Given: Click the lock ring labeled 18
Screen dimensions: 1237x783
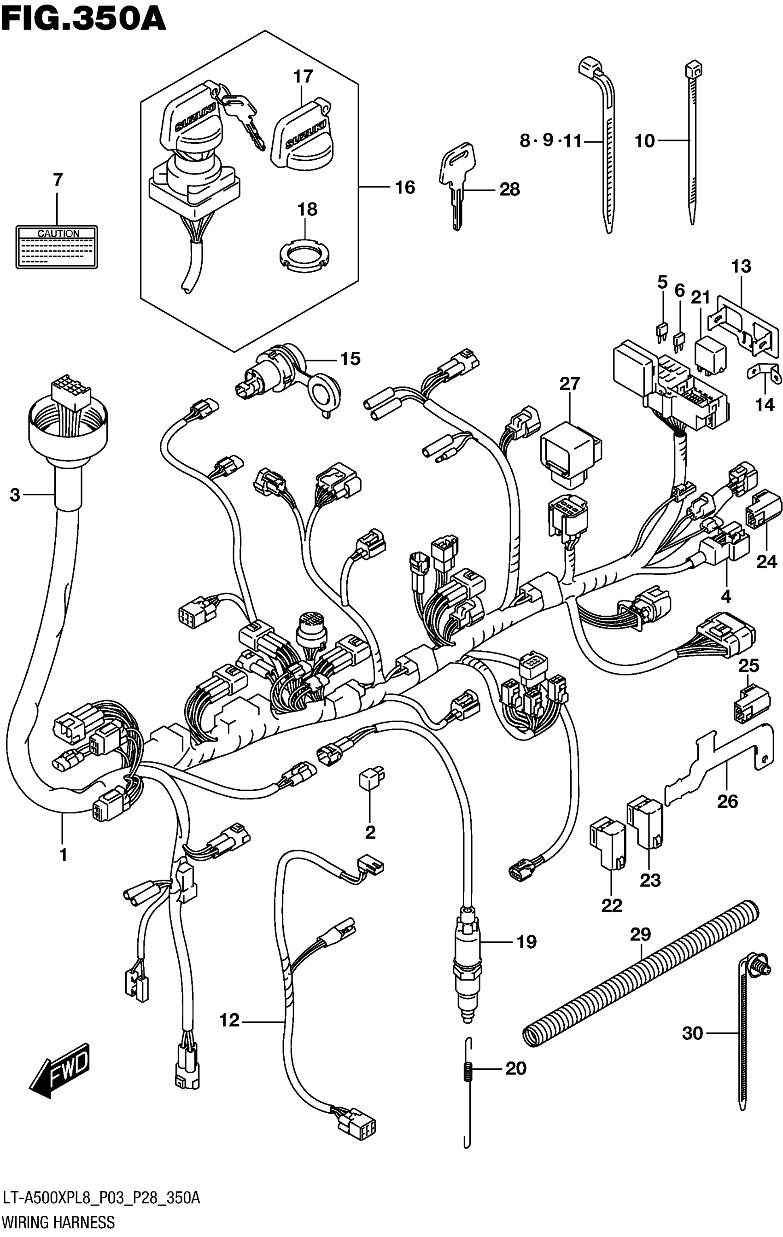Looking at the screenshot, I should tap(304, 253).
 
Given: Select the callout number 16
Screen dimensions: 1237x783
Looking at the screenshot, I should tap(405, 187).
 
